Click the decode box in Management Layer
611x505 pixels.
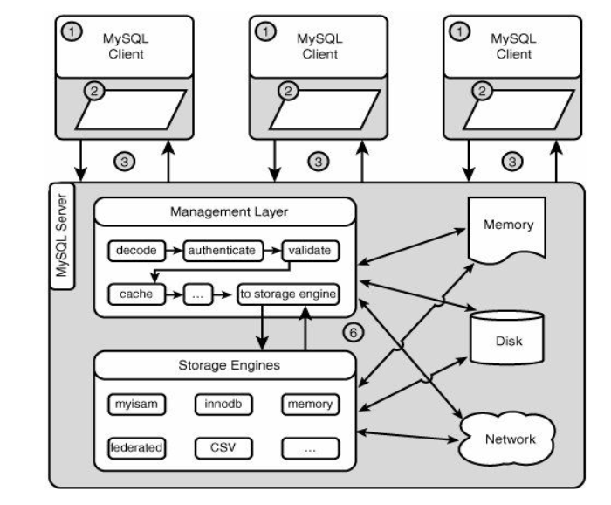click(x=135, y=251)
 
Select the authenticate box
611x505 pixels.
click(x=223, y=251)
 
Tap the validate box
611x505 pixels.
click(x=310, y=251)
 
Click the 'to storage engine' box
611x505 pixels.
click(x=286, y=294)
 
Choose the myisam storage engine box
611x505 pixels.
click(x=135, y=405)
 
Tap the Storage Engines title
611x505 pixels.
click(x=224, y=365)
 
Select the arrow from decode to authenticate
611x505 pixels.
click(x=174, y=251)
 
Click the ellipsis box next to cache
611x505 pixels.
click(x=198, y=294)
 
